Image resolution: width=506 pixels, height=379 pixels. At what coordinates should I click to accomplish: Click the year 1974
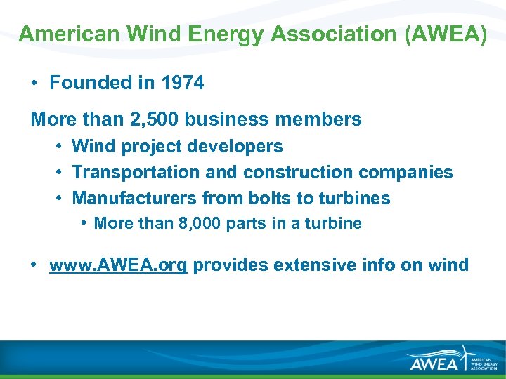(182, 83)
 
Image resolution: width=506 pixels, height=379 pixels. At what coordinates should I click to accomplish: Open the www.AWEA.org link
(118, 265)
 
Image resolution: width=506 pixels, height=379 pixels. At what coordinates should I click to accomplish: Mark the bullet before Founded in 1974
(34, 83)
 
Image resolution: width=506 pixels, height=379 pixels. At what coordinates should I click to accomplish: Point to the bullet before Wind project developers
(59, 146)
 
